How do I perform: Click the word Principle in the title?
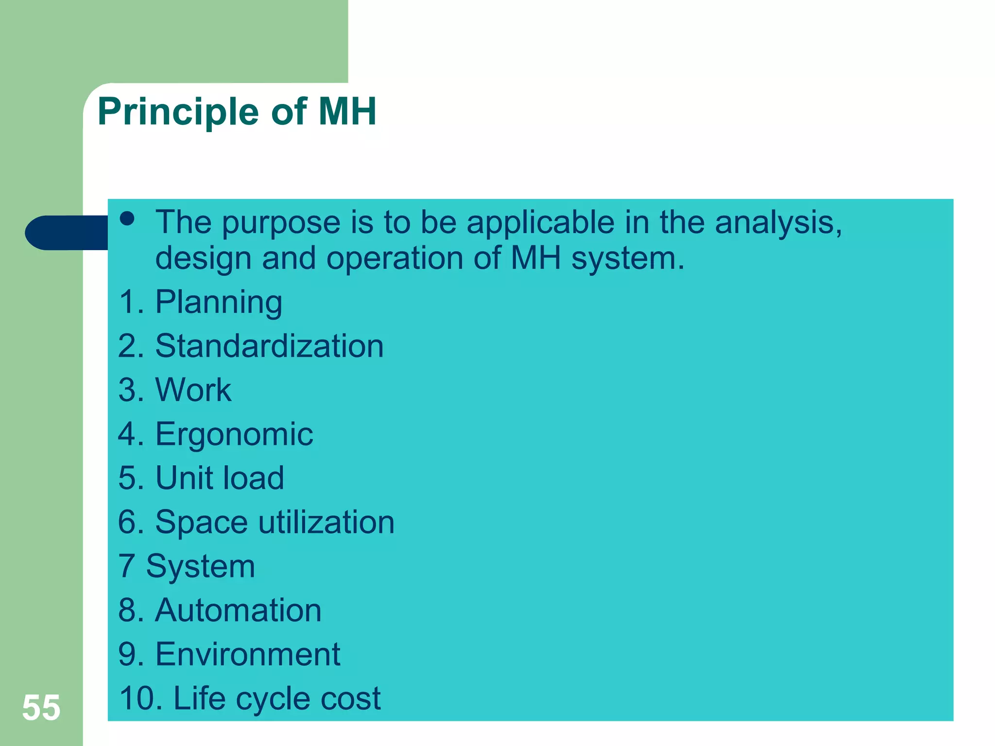pos(178,112)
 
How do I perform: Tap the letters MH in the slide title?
pos(347,111)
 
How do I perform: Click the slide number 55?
pos(41,708)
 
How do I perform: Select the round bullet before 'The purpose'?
pos(127,219)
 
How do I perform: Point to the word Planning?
pos(218,302)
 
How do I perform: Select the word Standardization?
pos(269,346)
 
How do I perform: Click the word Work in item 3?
pos(193,390)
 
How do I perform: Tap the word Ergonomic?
pos(234,434)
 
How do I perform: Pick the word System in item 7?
pos(200,566)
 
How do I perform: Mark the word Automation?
pos(238,610)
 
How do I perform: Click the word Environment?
pos(247,654)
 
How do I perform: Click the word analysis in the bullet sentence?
pos(778,222)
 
